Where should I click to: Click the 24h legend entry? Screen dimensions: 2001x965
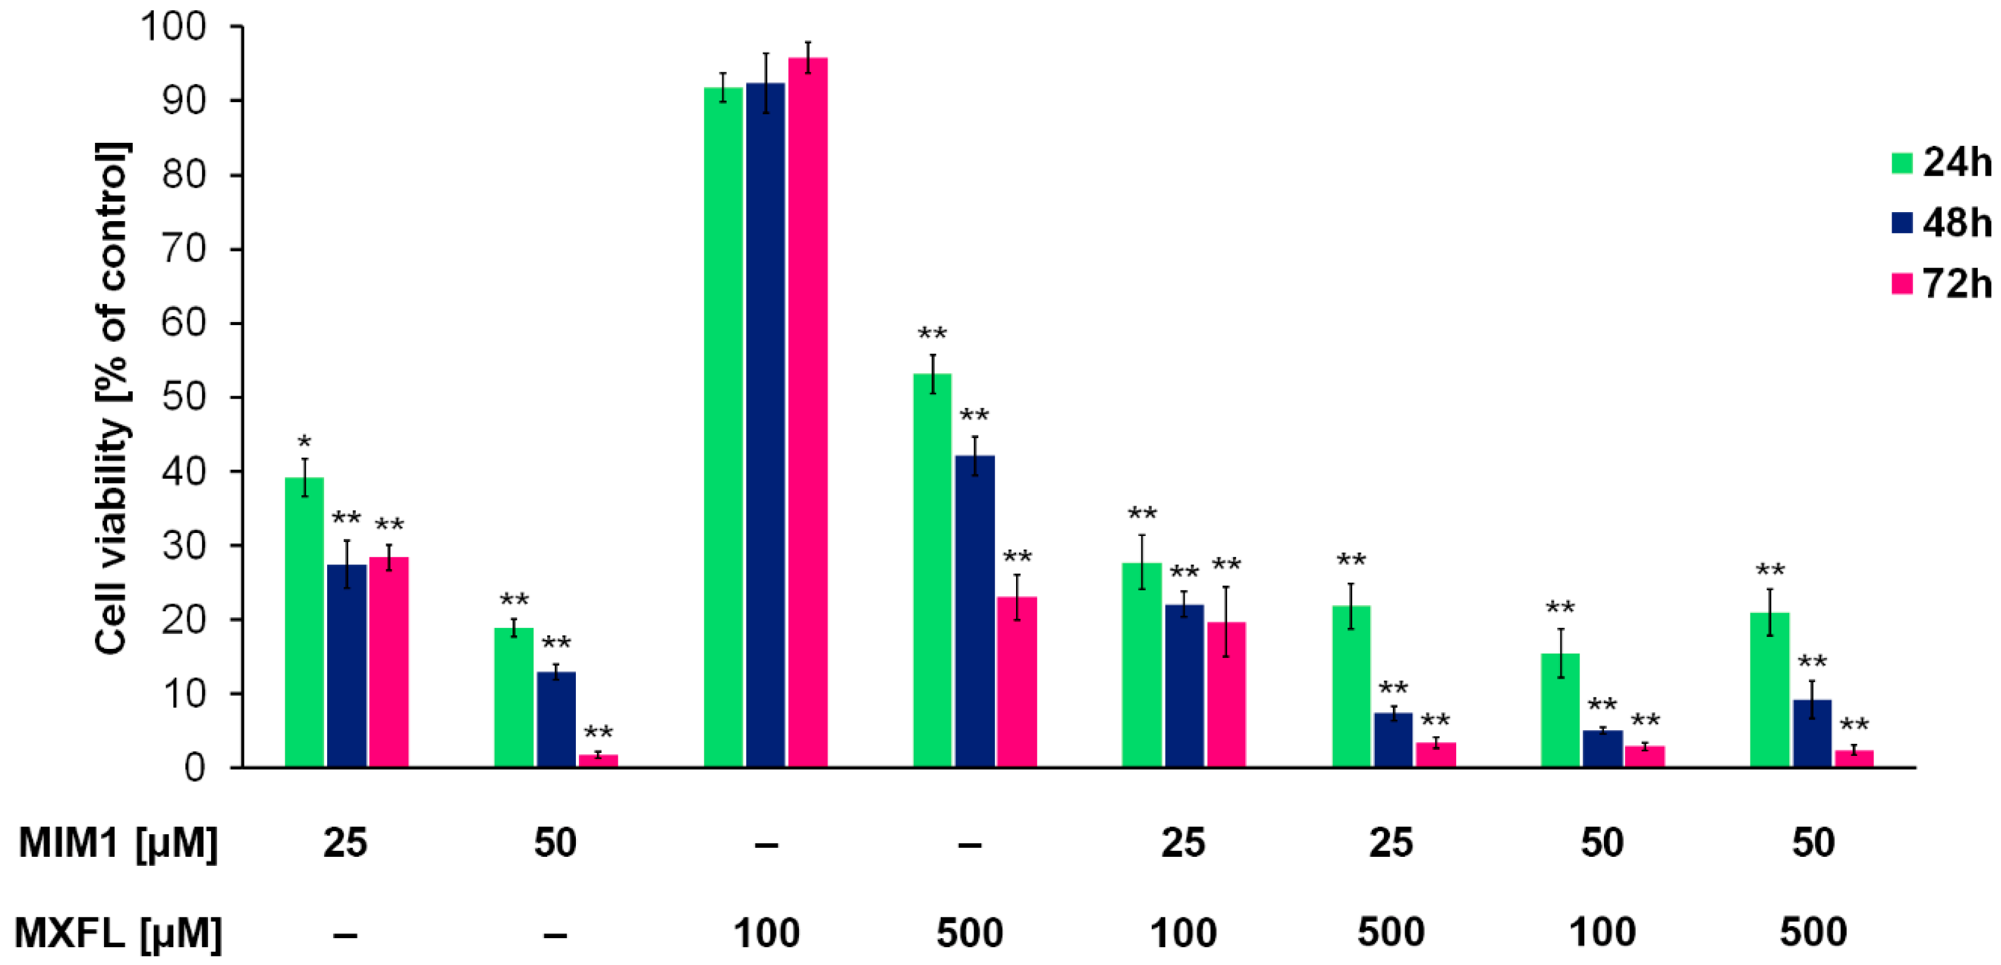1942,163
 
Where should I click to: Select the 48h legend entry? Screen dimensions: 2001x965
1942,223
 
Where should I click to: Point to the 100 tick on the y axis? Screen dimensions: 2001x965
172,27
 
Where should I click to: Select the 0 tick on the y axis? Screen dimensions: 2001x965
194,768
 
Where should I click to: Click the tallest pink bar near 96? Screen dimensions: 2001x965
808,412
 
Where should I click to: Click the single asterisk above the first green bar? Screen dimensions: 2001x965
304,443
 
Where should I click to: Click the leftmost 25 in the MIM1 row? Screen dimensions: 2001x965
346,843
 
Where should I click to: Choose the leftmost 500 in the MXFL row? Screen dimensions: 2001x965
969,932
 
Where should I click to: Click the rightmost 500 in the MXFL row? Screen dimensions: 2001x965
1813,932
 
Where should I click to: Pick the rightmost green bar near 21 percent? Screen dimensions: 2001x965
1770,690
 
